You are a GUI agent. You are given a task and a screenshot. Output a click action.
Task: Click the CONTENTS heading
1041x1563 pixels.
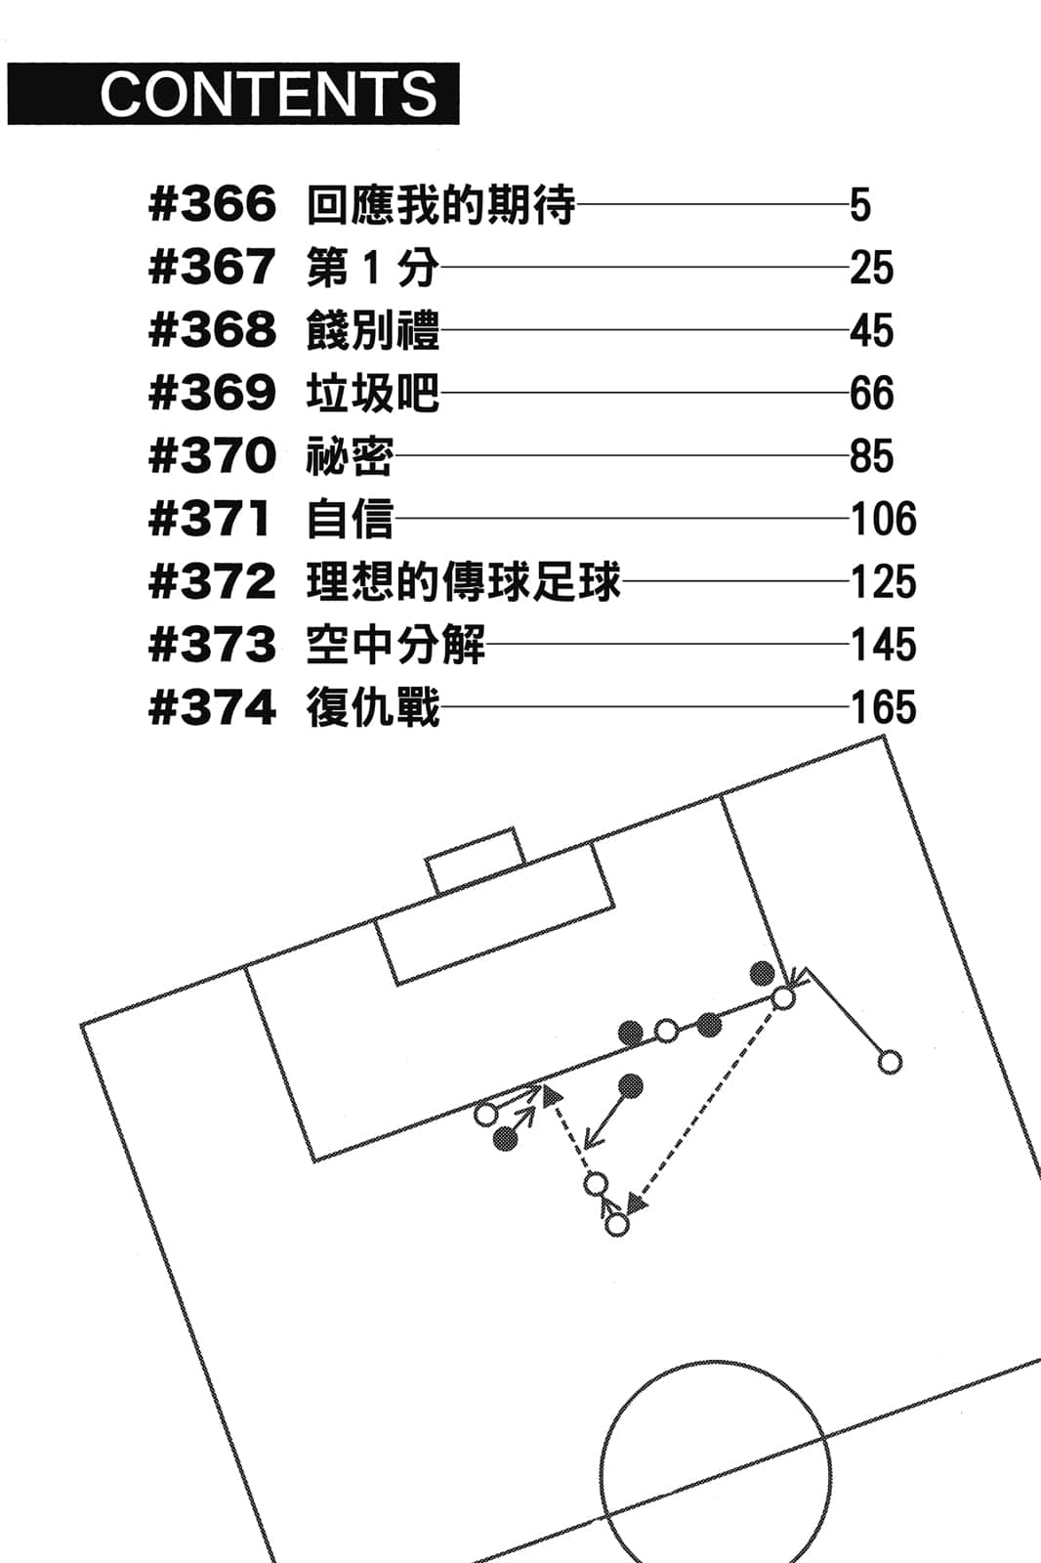[x=268, y=94]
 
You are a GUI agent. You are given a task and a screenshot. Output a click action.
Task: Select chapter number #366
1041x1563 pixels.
[x=212, y=205]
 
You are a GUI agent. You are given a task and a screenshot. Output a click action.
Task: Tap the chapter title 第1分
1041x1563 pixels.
[x=371, y=268]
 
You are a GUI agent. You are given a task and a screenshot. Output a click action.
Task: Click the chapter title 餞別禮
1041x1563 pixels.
[x=372, y=330]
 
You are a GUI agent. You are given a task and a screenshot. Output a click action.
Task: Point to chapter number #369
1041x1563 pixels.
[x=212, y=393]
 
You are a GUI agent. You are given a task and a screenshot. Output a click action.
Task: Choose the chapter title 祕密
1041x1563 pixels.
[x=350, y=456]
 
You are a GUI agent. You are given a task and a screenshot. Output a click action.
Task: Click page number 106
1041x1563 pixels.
[x=883, y=519]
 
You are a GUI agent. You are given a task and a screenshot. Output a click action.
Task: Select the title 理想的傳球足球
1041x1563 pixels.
[x=463, y=582]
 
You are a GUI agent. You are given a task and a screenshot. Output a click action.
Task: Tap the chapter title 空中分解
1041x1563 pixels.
[x=395, y=645]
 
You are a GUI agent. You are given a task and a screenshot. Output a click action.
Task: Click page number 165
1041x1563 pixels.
[x=883, y=707]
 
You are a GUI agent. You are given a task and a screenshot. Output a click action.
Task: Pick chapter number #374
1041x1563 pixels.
[x=212, y=707]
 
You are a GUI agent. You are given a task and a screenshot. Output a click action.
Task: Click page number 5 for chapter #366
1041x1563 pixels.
[x=859, y=205]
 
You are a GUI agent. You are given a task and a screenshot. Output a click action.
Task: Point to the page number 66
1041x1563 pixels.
[x=871, y=393]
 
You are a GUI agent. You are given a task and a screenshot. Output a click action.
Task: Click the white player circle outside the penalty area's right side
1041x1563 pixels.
[x=890, y=1062]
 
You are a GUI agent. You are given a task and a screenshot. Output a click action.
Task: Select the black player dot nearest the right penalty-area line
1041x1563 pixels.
[x=762, y=973]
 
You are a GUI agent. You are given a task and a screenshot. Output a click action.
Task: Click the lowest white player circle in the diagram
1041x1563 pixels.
[x=617, y=1224]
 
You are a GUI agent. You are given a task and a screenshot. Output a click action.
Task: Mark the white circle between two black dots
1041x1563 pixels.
[x=666, y=1030]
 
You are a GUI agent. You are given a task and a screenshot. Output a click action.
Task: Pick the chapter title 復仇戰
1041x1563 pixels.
[x=372, y=707]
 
